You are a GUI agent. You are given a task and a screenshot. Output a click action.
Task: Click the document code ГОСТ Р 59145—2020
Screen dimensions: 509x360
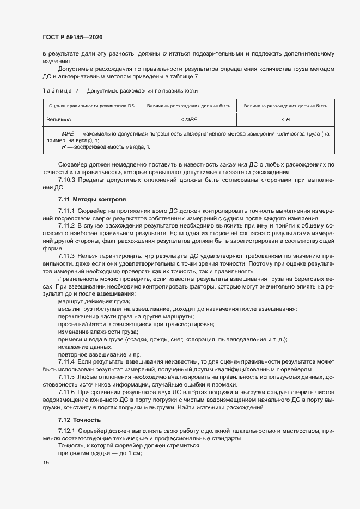click(x=72, y=38)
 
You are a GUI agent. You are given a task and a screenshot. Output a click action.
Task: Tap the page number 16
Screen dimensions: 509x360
click(x=45, y=462)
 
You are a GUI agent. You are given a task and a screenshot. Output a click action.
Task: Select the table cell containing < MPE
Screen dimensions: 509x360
click(x=188, y=119)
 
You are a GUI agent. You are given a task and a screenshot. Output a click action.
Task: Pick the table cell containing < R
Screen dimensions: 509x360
click(x=285, y=119)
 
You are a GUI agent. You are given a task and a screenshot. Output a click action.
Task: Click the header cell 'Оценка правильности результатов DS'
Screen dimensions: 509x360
click(x=91, y=105)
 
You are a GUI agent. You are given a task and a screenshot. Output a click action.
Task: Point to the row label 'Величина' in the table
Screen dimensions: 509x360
click(x=59, y=119)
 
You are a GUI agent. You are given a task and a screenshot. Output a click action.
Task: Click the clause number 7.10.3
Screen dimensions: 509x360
click(x=69, y=180)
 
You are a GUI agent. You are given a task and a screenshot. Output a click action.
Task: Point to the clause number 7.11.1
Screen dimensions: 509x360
click(x=66, y=210)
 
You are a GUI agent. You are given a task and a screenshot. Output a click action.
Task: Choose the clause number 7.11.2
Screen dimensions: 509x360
click(x=66, y=225)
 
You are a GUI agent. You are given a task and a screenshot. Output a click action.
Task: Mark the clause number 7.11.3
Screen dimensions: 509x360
click(x=66, y=255)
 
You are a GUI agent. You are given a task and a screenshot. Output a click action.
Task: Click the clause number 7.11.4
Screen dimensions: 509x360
click(x=66, y=361)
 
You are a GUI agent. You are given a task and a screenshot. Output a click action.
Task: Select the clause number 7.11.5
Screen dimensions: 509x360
click(x=66, y=377)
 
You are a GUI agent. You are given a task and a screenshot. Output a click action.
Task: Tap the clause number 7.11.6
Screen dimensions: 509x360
click(x=66, y=392)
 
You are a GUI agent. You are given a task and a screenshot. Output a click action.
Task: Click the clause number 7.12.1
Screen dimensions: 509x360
click(x=66, y=431)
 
